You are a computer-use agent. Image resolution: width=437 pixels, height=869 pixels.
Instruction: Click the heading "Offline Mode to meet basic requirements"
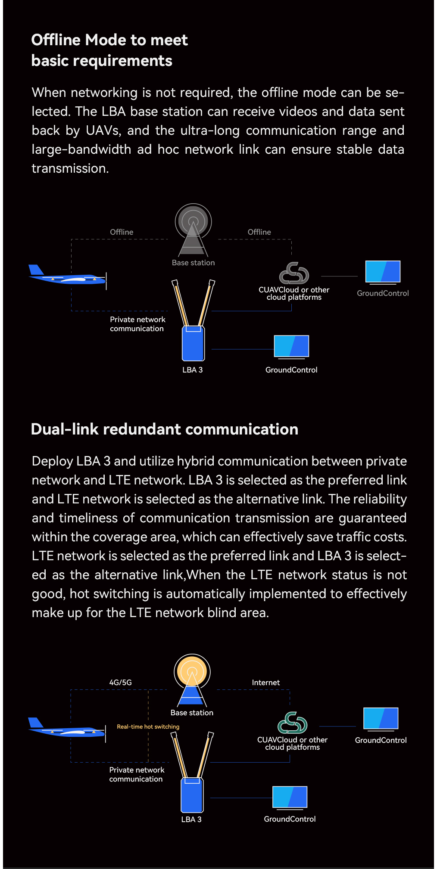pyautogui.click(x=109, y=50)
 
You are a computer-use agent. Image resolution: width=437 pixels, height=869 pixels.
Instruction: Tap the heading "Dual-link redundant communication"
pyautogui.click(x=164, y=429)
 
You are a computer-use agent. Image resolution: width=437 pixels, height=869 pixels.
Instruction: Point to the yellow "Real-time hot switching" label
pyautogui.click(x=148, y=726)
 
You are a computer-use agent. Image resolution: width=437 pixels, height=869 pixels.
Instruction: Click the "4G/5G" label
pyautogui.click(x=120, y=682)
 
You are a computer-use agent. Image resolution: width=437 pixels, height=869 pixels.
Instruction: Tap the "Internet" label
pyautogui.click(x=265, y=683)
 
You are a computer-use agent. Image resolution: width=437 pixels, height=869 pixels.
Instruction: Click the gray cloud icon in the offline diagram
pyautogui.click(x=294, y=273)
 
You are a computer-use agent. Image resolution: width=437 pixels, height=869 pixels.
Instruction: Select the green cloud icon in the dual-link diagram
pyautogui.click(x=292, y=723)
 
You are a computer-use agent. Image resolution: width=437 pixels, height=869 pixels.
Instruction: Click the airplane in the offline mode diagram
pyautogui.click(x=68, y=276)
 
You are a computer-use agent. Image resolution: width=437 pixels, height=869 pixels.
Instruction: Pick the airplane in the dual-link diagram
pyautogui.click(x=67, y=728)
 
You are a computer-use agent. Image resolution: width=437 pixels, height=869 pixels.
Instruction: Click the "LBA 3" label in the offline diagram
pyautogui.click(x=192, y=370)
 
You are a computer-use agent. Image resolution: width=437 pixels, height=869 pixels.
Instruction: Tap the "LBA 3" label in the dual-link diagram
pyautogui.click(x=191, y=819)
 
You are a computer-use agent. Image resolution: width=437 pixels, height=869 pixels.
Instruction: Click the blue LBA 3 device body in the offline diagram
pyautogui.click(x=193, y=344)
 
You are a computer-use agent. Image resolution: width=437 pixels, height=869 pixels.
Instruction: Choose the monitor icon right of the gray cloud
pyautogui.click(x=383, y=272)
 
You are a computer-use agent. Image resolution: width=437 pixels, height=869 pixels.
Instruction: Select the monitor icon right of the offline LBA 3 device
pyautogui.click(x=291, y=347)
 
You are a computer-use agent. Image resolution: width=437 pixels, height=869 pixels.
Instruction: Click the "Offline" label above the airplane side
pyautogui.click(x=122, y=232)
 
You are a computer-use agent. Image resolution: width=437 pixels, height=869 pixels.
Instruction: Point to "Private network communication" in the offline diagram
pyautogui.click(x=137, y=324)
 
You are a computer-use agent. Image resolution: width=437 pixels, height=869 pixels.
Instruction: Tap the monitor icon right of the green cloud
pyautogui.click(x=381, y=719)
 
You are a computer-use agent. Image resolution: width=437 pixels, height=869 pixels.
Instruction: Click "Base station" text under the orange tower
pyautogui.click(x=192, y=713)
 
